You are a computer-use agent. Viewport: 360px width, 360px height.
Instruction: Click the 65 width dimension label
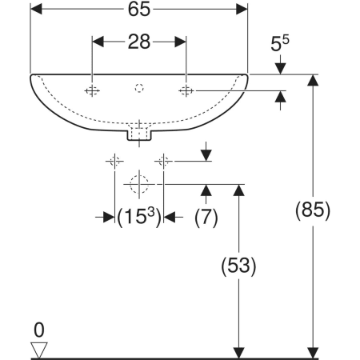(139, 10)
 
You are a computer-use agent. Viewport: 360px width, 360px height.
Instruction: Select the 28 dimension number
(139, 42)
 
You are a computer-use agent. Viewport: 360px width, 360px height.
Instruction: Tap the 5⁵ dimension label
(280, 43)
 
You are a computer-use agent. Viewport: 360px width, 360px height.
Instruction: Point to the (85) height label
(313, 210)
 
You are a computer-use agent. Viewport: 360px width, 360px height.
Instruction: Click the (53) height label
(238, 266)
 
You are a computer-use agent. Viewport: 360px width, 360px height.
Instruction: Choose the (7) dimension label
(206, 218)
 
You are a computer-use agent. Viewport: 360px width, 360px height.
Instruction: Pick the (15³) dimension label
(139, 217)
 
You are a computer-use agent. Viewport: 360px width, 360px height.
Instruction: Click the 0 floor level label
(39, 330)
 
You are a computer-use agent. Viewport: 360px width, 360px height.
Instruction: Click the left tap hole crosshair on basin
(92, 91)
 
